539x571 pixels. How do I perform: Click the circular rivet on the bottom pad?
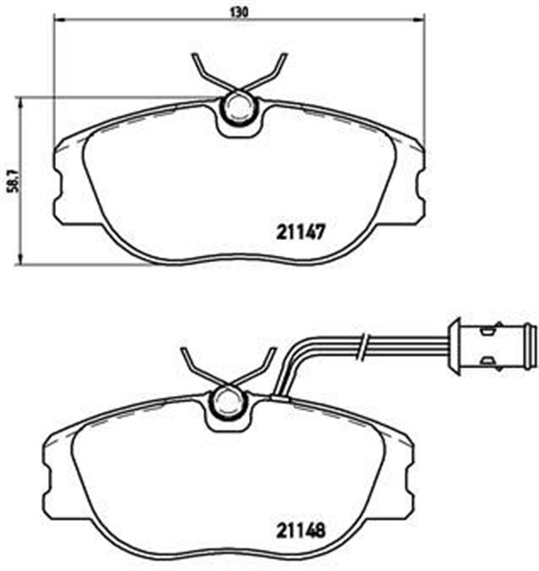[x=228, y=406]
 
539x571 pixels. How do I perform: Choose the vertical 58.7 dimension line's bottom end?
[x=21, y=264]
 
